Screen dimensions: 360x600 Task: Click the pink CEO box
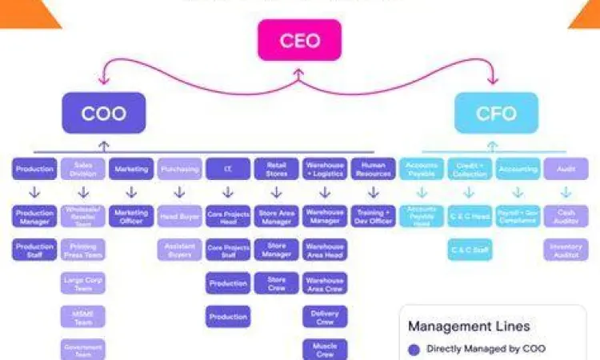299,40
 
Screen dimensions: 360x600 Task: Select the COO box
104,113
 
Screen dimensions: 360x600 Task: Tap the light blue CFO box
496,113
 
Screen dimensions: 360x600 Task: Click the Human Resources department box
373,169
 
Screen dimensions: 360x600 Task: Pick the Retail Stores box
276,169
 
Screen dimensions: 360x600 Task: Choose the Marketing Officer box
131,217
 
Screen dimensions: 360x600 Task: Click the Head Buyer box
180,217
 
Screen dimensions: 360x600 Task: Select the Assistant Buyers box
180,250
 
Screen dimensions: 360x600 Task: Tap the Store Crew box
276,284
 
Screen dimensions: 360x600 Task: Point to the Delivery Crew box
325,318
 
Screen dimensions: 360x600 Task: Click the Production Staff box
34,250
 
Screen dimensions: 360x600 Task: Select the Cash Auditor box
566,217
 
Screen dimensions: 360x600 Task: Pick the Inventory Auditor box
566,250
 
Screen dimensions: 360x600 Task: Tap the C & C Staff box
470,250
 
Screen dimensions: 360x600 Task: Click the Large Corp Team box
83,284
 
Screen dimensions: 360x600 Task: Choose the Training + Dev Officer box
373,217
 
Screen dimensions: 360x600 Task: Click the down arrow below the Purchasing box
180,193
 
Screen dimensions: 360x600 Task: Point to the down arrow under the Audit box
566,193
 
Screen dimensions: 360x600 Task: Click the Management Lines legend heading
469,326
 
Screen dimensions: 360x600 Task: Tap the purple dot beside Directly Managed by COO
414,349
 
